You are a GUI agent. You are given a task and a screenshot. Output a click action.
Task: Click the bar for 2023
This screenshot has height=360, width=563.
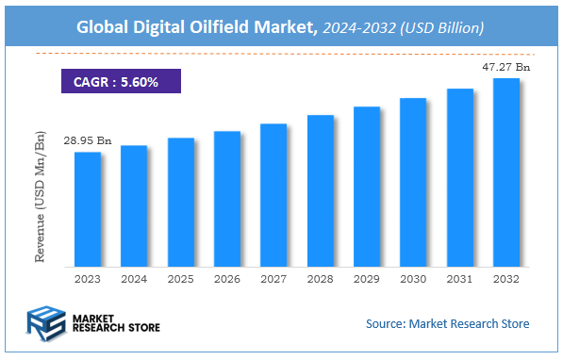tap(88, 208)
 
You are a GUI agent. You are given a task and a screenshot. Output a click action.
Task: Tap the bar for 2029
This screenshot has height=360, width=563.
tap(367, 186)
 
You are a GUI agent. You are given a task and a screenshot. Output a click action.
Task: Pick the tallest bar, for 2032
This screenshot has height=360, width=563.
tap(506, 172)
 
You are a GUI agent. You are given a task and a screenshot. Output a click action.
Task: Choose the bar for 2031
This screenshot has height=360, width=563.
tap(459, 177)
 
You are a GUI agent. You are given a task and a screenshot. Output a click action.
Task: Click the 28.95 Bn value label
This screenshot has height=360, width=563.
tap(88, 141)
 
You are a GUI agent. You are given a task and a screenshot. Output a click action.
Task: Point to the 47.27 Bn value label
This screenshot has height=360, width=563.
tap(506, 67)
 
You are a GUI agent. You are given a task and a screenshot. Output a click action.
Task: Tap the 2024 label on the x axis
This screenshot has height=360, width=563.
tap(134, 278)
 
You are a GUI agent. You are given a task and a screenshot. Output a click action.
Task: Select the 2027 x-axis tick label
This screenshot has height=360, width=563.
tap(273, 278)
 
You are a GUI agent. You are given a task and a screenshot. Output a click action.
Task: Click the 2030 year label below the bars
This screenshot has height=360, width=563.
tap(413, 278)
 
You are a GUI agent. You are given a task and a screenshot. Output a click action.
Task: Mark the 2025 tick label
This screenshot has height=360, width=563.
tap(181, 278)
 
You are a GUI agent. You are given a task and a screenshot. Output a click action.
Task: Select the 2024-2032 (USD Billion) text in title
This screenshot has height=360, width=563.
tap(404, 29)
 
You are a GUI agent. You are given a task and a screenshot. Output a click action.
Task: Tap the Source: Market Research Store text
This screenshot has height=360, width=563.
tap(448, 324)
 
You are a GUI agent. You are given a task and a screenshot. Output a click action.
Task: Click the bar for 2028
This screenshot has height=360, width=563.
tap(321, 190)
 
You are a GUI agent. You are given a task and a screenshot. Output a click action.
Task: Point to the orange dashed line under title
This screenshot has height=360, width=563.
tap(283, 54)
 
